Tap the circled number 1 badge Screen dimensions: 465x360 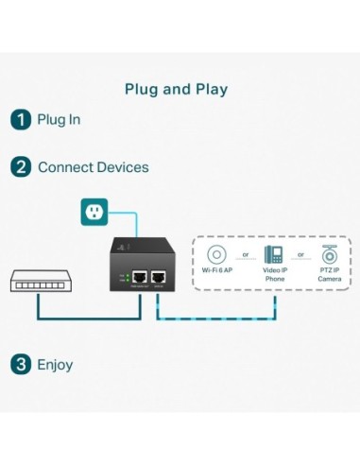click(x=20, y=120)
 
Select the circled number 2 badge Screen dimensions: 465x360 click(x=20, y=167)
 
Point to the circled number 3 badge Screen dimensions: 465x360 click(x=20, y=364)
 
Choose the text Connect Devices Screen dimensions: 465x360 click(x=93, y=167)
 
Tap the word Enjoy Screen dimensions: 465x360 click(x=55, y=364)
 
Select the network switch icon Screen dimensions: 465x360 click(x=37, y=281)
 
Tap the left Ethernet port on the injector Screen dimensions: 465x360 click(x=139, y=277)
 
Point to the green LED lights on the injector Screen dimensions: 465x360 click(x=122, y=278)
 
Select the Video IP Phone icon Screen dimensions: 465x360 click(x=273, y=254)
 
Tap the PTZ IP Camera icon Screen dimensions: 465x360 click(x=329, y=253)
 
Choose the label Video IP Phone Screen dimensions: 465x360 click(x=273, y=276)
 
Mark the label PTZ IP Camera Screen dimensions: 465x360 click(x=329, y=276)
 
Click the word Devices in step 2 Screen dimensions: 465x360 click(x=124, y=167)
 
